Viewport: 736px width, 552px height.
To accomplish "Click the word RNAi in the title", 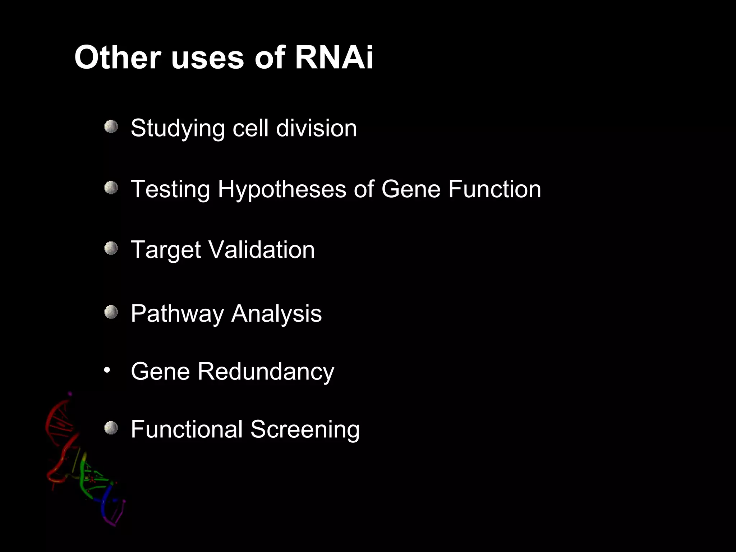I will tap(334, 57).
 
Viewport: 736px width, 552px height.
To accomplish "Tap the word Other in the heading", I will tap(117, 57).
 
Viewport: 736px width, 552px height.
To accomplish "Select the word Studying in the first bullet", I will tap(178, 128).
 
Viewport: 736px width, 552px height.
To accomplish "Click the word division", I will tap(316, 128).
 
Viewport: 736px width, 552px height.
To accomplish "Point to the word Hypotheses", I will tap(282, 189).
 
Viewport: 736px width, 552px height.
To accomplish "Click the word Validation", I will tap(261, 250).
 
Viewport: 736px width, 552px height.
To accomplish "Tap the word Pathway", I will tap(177, 314).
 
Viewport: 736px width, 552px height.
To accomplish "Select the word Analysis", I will tap(276, 314).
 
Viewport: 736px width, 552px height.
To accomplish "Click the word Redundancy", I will tap(266, 372).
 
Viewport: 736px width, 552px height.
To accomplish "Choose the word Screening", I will tap(305, 429).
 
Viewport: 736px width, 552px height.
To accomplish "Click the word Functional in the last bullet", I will tap(187, 429).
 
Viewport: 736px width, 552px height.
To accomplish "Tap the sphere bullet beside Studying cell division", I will tap(111, 127).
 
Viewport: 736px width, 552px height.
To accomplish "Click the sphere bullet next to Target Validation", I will tap(111, 248).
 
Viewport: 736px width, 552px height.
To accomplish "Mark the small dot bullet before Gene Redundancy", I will tap(106, 370).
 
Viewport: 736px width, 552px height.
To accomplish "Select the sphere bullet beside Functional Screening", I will tap(111, 428).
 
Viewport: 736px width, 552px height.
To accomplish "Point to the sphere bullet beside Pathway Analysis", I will tap(111, 312).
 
